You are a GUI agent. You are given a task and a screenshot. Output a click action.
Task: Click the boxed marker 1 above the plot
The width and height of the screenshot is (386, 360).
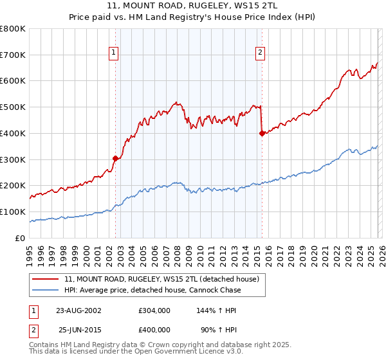click(114, 53)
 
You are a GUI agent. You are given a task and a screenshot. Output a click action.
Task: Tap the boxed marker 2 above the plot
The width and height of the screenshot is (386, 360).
click(261, 53)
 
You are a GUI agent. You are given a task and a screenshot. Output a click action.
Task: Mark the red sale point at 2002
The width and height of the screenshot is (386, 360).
click(116, 158)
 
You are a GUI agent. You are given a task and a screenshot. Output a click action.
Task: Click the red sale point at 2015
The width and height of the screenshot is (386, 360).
click(262, 133)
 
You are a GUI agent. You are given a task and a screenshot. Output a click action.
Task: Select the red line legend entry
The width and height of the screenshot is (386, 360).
click(161, 280)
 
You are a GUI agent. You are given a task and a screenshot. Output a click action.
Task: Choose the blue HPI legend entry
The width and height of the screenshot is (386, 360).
click(152, 291)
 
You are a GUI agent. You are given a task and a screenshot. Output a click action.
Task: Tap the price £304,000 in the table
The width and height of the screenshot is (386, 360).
click(154, 310)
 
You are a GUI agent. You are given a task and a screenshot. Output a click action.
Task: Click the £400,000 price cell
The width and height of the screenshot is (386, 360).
click(154, 330)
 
